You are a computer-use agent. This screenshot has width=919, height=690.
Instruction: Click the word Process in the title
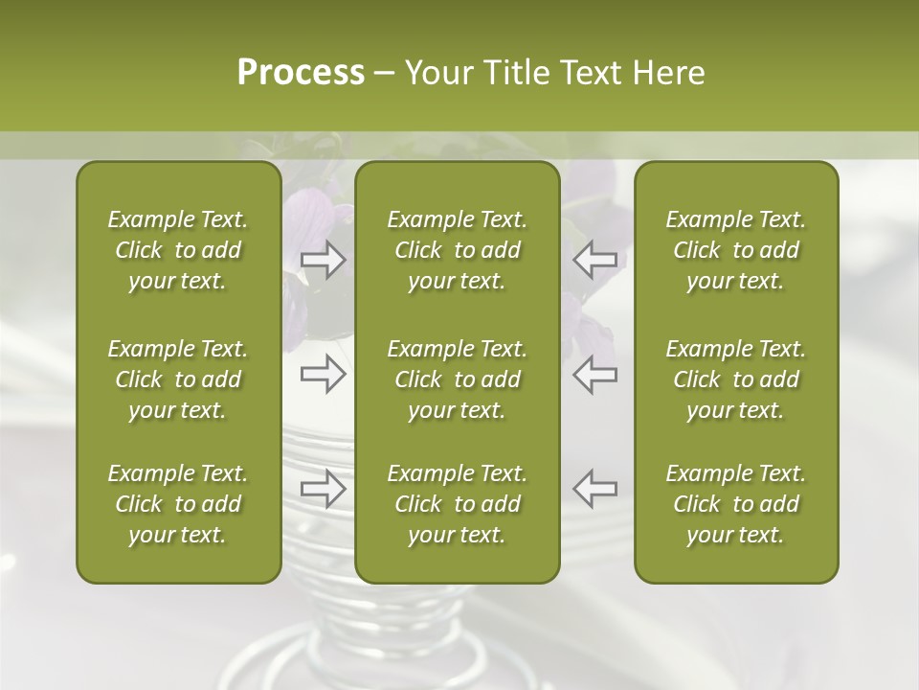pos(301,73)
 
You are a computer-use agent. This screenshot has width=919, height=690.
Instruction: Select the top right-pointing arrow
pos(323,260)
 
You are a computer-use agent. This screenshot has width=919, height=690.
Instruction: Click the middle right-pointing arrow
pos(323,374)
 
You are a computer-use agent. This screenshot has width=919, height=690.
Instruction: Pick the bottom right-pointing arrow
pos(323,489)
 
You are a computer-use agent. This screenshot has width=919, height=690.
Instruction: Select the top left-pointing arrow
pos(594,260)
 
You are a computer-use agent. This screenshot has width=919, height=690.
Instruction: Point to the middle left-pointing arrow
pos(594,374)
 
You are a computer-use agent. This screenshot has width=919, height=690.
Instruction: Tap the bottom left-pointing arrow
pos(594,489)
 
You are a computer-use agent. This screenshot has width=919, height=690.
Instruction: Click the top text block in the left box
pos(178,250)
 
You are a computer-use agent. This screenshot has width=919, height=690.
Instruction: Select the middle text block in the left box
pos(178,379)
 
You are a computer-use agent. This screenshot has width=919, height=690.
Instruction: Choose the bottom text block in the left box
pos(178,504)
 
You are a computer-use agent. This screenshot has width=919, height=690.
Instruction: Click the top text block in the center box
pos(457,250)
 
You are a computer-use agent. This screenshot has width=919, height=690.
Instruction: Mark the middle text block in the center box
pos(457,379)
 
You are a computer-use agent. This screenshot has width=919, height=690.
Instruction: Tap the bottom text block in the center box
pos(457,504)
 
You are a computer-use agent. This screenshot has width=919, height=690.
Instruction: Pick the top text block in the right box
pos(735,250)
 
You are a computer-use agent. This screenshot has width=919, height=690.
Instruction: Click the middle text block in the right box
pos(735,379)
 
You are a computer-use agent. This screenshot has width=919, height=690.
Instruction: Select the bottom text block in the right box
pos(735,504)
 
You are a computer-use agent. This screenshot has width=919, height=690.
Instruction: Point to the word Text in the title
pos(591,73)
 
